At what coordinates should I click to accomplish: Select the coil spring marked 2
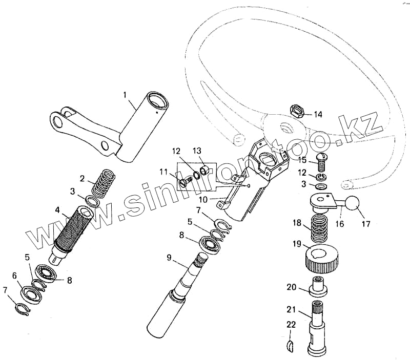(100, 181)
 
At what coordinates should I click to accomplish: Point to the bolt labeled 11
(187, 181)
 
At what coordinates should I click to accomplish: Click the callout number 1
(125, 94)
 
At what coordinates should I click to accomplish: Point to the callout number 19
(296, 244)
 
